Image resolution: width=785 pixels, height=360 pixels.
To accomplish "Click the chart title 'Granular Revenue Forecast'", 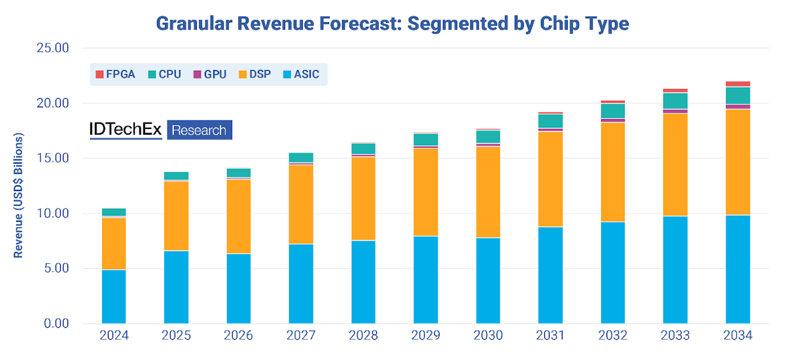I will pos(392,24).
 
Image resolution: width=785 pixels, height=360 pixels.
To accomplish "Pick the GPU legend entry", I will pos(209,74).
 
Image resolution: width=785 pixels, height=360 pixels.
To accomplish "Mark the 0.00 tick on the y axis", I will pos(58,323).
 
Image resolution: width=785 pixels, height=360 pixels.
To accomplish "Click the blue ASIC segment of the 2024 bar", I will pos(114,297).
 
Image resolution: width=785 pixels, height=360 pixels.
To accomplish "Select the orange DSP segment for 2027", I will pos(301,204).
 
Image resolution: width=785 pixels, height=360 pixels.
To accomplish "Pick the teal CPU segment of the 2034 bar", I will pos(738,96).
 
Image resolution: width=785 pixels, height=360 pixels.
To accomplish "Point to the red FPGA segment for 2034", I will pos(738,84).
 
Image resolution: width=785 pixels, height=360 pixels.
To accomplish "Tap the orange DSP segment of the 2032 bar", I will pos(613,171).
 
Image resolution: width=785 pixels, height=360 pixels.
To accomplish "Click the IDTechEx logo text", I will pos(126,130).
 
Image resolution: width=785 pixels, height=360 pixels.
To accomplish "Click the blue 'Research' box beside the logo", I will pos(200,130).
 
